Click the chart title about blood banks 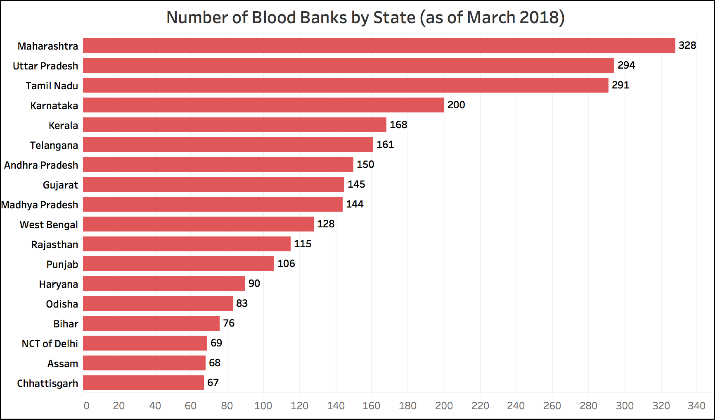coord(365,17)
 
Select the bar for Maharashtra coord(379,45)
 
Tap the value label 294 coord(626,65)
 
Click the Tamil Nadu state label coord(52,86)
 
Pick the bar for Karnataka coord(263,105)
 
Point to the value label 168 coord(398,125)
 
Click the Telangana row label coord(54,145)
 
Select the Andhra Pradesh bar coord(218,165)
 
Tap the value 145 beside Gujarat coord(356,184)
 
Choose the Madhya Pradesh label coord(40,205)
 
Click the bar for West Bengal coord(198,224)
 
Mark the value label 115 coord(302,244)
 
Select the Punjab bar coord(178,264)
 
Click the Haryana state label coord(58,284)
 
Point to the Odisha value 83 coord(241,303)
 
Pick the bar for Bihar coord(151,323)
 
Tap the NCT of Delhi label coord(50,344)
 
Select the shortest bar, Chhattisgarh coord(143,383)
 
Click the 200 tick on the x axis coord(444,406)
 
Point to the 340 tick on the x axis coord(696,406)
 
